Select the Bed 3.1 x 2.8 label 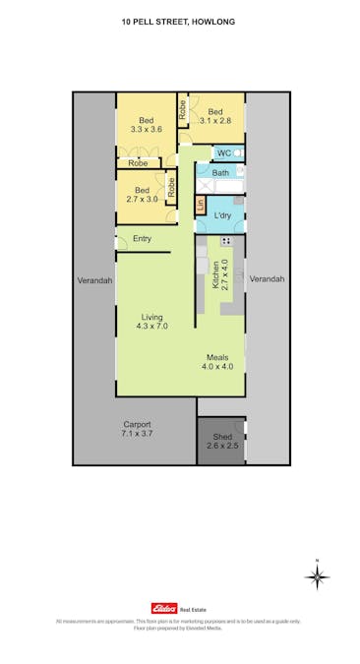click(215, 116)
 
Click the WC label click(223, 153)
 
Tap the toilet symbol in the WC click(239, 153)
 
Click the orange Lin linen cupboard click(201, 205)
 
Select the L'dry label click(222, 214)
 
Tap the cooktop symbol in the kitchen click(226, 242)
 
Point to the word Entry click(142, 239)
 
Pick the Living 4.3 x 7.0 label click(151, 321)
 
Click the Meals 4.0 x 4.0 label click(217, 362)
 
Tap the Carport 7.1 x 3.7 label click(138, 429)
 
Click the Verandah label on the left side click(94, 280)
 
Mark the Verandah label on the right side click(267, 279)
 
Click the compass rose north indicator click(318, 576)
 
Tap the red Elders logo click(162, 609)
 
